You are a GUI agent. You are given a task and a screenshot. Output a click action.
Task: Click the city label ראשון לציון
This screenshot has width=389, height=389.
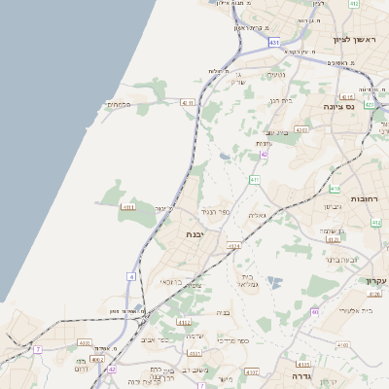coord(354,40)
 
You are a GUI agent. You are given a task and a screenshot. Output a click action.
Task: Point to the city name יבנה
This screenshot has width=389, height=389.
coord(197,235)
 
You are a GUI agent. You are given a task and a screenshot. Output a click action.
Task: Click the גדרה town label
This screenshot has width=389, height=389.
coord(292,374)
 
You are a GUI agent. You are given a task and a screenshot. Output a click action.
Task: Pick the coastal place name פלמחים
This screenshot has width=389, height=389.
coord(119,104)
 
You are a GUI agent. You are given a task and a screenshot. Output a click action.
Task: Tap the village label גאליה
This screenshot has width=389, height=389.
coord(257,215)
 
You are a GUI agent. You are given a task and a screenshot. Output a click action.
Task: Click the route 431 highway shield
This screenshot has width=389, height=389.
coord(274,43)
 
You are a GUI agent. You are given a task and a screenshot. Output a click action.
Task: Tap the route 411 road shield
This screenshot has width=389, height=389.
coord(254,179)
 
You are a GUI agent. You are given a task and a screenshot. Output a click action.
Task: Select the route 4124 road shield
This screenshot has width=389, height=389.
coord(233,246)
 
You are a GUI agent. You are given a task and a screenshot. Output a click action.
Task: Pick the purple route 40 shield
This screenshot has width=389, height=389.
coord(315,312)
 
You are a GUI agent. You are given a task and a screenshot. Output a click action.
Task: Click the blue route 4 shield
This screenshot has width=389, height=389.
coord(131,276)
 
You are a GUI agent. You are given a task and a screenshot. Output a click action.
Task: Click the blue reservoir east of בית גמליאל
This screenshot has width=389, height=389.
coord(275,283)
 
